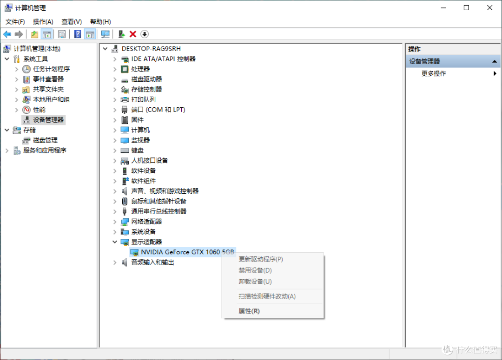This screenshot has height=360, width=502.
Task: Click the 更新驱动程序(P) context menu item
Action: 261,259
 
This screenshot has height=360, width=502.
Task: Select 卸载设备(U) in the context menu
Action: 255,281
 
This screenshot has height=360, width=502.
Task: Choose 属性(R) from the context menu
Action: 249,311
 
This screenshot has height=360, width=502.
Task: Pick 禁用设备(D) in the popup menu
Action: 255,270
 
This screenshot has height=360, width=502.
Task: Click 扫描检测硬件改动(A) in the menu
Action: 267,296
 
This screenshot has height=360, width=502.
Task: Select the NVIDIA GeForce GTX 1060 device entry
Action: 187,252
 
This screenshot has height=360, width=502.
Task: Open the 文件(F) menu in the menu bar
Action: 15,22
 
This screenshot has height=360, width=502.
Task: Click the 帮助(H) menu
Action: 100,22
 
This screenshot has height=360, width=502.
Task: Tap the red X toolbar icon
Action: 133,34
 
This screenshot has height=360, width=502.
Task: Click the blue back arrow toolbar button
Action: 7,34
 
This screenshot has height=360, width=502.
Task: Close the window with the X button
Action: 489,8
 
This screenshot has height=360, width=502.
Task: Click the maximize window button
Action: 467,8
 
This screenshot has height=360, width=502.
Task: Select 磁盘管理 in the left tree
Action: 45,140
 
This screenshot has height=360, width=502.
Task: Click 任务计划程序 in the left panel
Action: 51,69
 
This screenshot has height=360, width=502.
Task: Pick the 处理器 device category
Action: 140,69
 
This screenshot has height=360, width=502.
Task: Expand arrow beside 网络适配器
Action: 115,222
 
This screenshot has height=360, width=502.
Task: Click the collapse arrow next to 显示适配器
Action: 115,242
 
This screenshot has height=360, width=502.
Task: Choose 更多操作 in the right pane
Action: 434,73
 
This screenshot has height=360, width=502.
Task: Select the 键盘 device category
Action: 137,151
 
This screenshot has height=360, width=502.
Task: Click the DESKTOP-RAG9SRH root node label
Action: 151,49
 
